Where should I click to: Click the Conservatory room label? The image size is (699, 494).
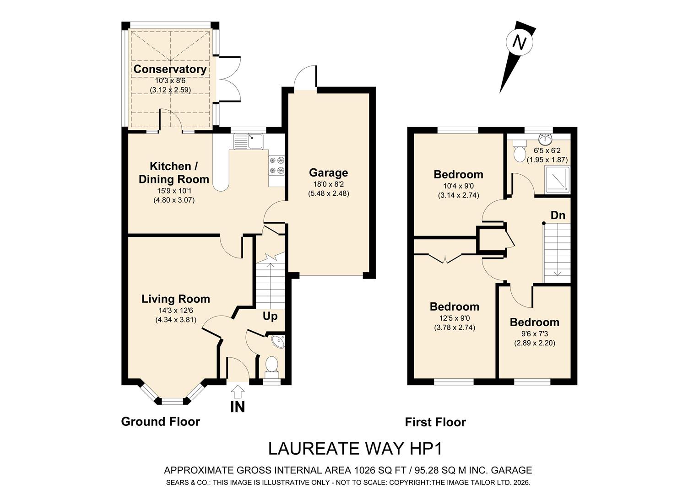point(170,69)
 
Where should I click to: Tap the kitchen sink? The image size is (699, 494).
point(249,141)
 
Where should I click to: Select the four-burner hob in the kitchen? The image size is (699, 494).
point(277,165)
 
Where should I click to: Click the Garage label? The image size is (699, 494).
point(328,172)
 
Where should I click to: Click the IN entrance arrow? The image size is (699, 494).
point(238,392)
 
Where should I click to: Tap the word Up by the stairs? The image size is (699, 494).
point(270,317)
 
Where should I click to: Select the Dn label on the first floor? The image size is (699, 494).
point(558,215)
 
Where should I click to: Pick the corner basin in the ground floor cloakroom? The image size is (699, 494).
point(278,341)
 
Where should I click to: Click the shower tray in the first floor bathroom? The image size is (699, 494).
point(558,178)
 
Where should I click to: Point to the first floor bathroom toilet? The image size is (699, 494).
point(519,151)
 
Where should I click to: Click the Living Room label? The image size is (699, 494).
point(176,299)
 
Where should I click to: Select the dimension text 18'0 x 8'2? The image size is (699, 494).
point(329,184)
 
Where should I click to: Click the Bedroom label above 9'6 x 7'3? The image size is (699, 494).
point(535,322)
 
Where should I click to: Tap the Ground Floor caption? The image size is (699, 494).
point(160,422)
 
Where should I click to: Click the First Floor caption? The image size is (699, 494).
point(435,422)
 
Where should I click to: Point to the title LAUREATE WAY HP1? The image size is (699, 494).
point(355,449)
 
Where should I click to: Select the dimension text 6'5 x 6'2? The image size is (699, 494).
point(547,150)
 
